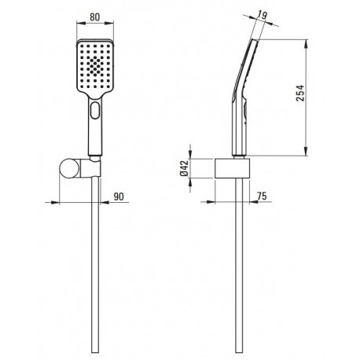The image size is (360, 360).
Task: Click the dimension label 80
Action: point(95,17)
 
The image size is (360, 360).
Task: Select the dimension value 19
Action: point(262,15)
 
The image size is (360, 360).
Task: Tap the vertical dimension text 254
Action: point(300,93)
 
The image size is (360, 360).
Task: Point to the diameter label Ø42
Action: point(184,168)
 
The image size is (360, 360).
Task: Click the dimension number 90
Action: point(119,197)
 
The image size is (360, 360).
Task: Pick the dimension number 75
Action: point(262,196)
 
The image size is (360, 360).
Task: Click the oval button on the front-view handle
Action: point(95,110)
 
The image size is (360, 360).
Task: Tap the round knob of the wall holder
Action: point(68,168)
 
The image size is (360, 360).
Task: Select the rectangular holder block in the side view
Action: point(233,168)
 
